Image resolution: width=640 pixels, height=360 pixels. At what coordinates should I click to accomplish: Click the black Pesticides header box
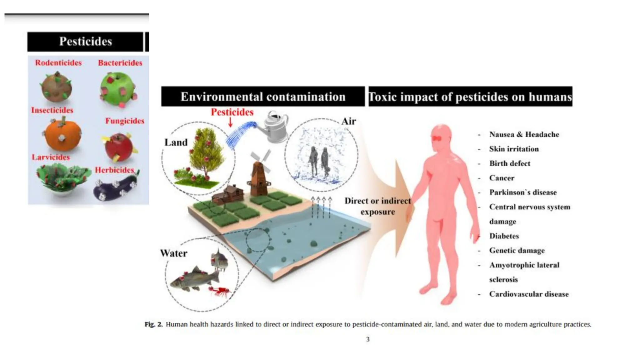click(85, 42)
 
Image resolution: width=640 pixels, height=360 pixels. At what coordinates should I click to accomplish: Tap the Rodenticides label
click(58, 63)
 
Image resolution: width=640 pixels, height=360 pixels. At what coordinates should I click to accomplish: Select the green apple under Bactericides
click(118, 89)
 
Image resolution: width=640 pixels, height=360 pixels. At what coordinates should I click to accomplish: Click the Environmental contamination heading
click(263, 97)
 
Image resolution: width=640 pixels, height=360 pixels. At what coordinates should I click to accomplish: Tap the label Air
click(348, 121)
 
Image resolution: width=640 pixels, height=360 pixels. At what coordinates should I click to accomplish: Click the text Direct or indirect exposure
click(378, 206)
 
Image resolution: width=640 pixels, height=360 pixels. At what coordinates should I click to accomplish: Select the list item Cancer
click(502, 178)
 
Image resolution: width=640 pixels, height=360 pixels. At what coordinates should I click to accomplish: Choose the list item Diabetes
click(504, 236)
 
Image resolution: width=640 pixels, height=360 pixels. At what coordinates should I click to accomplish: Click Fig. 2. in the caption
click(153, 324)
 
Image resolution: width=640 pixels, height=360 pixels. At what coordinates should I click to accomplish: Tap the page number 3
click(368, 339)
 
